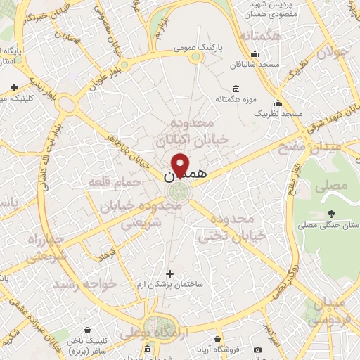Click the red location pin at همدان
coord(180,165)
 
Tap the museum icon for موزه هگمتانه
coord(235,89)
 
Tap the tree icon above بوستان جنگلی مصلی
coord(330,213)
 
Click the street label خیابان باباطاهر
coord(131,148)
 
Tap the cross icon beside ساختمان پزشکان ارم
coord(169,273)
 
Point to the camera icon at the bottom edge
coord(257,350)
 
